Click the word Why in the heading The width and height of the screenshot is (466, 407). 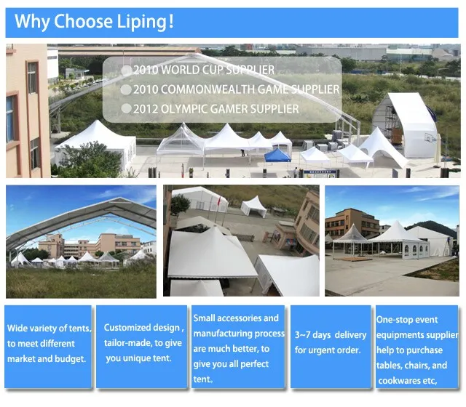point(32,22)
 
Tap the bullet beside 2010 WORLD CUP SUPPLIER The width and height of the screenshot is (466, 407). point(127,70)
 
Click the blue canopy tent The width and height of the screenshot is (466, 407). point(277,156)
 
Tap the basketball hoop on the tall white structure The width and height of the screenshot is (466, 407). point(429,137)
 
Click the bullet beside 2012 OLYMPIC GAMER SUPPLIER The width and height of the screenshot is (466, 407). point(127,108)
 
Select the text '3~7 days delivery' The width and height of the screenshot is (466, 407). point(331,335)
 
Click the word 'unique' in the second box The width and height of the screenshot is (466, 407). point(136,358)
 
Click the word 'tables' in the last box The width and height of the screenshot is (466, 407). point(388,366)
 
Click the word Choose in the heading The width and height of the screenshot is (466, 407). point(83,21)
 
